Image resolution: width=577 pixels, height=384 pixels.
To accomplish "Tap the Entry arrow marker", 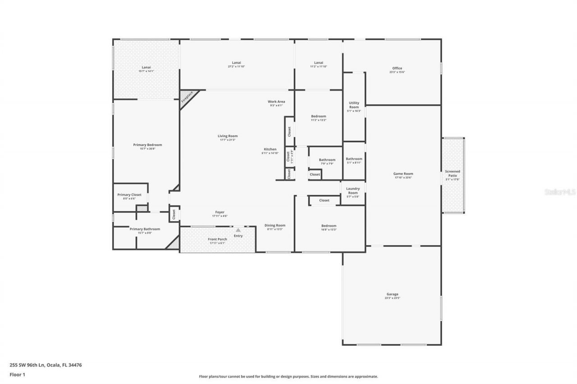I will click(x=238, y=230).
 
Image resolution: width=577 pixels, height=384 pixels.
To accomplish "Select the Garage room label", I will click(x=392, y=294).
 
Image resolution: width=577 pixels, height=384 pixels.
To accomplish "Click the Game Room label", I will click(x=403, y=174).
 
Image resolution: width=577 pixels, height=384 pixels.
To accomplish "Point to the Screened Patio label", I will click(x=453, y=173).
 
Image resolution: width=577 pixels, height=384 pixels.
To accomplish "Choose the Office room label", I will click(x=397, y=68).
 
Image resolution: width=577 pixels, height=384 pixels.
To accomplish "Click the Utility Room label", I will click(x=354, y=105).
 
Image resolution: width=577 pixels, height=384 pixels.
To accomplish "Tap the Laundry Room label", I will click(x=353, y=190).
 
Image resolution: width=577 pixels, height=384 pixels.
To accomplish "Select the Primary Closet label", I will click(x=129, y=195).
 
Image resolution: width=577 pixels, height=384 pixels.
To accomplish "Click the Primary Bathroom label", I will click(x=145, y=229).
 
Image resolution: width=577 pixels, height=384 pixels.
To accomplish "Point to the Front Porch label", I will click(x=217, y=239).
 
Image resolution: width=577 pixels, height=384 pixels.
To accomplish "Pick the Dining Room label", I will click(x=275, y=226).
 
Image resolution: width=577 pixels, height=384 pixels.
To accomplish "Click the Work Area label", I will click(x=276, y=102).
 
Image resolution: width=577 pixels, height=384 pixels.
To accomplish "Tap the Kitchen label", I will click(x=270, y=149).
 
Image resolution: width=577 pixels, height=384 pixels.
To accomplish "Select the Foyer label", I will click(x=220, y=212).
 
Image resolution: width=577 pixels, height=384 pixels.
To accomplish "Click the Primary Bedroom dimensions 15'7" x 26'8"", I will click(x=147, y=149).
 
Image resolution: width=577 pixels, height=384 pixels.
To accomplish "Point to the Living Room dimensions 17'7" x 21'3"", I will click(x=228, y=140).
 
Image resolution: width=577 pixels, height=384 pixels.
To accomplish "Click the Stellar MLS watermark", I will click(x=560, y=192).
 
